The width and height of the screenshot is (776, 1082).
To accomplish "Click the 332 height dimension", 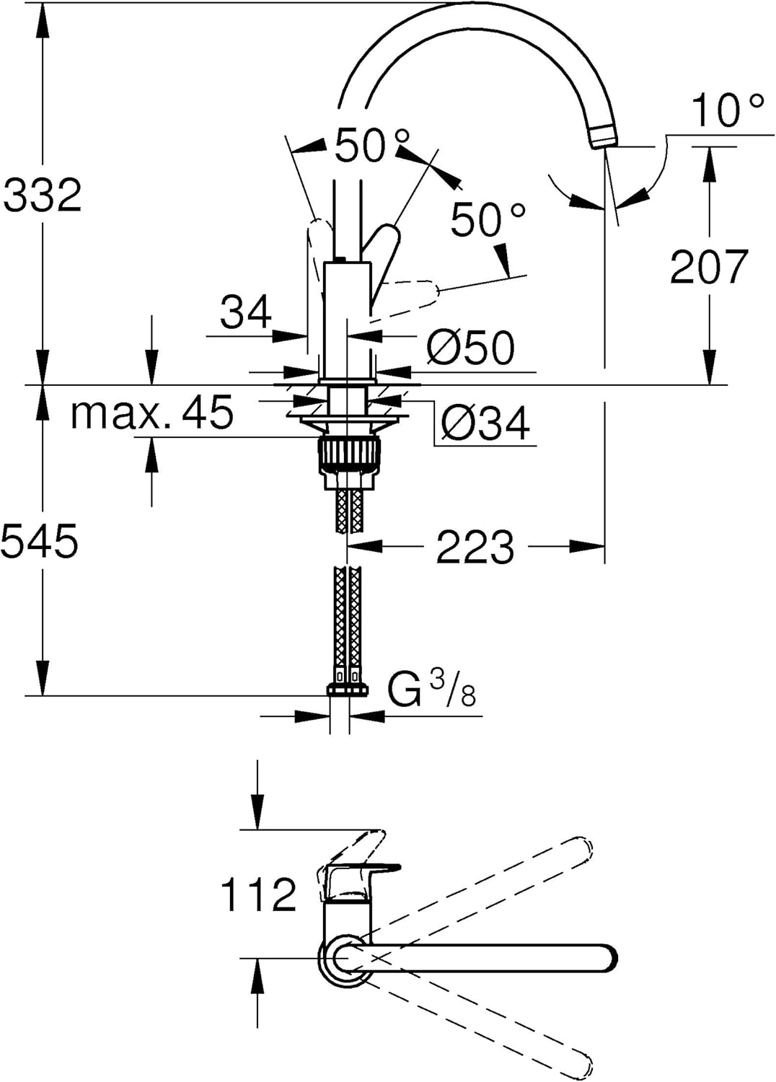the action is point(42,195).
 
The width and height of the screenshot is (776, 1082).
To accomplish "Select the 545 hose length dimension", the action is point(40,541).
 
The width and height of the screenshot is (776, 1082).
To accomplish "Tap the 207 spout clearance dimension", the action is point(709,267).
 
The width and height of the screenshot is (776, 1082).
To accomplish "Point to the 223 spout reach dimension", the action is point(475,547).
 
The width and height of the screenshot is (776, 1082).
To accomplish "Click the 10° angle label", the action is point(728,110).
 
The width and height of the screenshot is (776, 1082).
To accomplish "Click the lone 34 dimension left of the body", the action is point(246,312).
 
